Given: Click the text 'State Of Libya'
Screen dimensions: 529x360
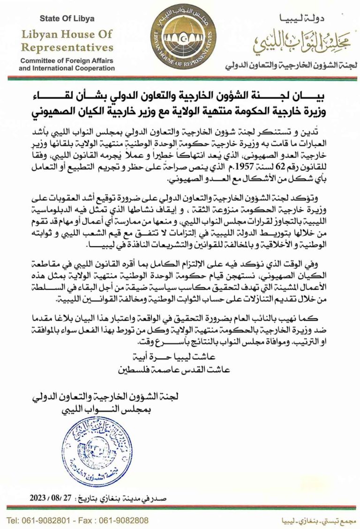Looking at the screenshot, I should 67,19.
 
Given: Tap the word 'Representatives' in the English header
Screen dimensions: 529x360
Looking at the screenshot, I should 67,48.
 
